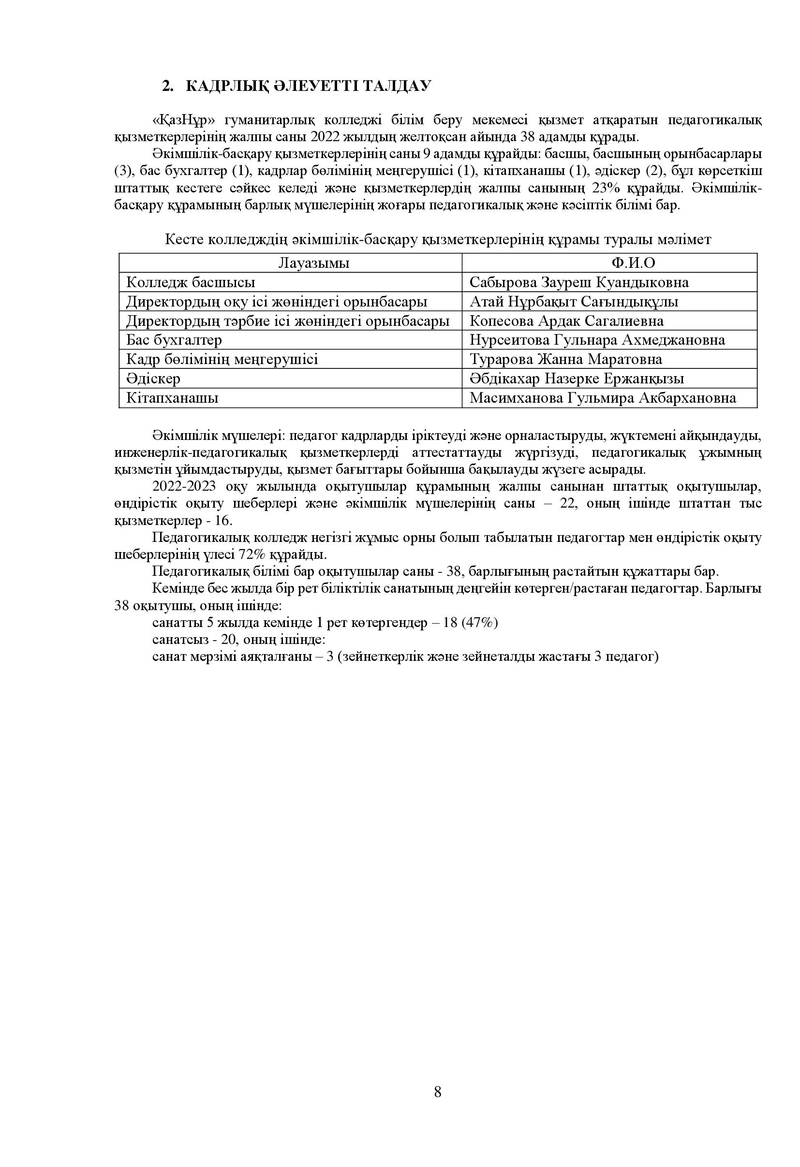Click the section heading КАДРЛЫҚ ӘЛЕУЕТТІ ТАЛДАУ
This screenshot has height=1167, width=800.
308,86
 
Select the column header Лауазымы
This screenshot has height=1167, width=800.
314,263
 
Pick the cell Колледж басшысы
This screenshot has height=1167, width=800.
191,282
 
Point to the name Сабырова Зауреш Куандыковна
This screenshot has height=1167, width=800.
579,282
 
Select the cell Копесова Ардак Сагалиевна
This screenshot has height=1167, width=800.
566,321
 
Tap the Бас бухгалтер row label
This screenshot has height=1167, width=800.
174,340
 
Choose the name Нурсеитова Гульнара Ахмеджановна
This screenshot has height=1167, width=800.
597,340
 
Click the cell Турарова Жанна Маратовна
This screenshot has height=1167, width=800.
566,360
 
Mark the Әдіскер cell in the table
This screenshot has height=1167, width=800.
153,379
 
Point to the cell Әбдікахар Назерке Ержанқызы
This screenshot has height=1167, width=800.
577,379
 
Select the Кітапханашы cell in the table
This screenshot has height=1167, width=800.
172,398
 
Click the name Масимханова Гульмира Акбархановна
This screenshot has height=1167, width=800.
603,398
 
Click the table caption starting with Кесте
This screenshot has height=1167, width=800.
438,239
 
